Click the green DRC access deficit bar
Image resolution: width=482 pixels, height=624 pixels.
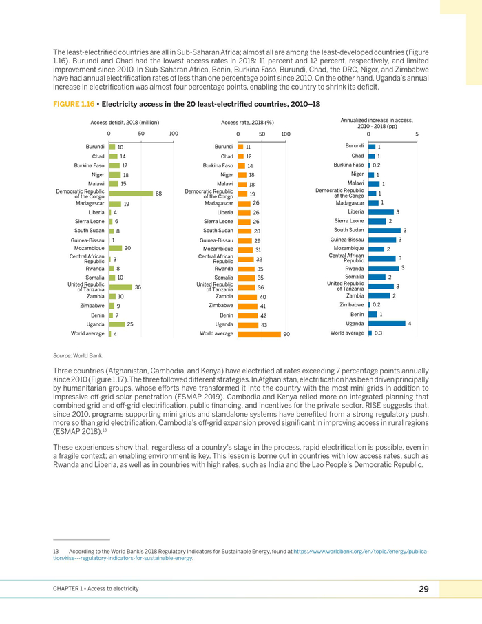[x=131, y=194]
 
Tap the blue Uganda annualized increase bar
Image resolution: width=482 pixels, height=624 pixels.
[x=387, y=323]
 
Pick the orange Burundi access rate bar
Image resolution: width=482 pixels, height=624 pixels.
[x=240, y=147]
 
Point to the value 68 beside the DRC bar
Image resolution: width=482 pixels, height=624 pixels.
[x=158, y=194]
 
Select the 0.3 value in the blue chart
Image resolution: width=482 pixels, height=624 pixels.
[x=378, y=333]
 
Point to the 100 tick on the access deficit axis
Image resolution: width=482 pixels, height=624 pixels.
[x=174, y=134]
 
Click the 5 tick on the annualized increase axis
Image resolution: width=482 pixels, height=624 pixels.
[x=417, y=134]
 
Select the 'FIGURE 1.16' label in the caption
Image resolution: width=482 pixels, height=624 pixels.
[x=75, y=103]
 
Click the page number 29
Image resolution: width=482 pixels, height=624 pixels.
[x=423, y=589]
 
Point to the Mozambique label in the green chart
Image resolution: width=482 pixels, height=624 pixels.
[x=89, y=247]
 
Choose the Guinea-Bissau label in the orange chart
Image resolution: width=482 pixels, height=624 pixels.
[x=216, y=240]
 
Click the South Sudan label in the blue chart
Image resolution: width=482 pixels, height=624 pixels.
[x=348, y=230]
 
